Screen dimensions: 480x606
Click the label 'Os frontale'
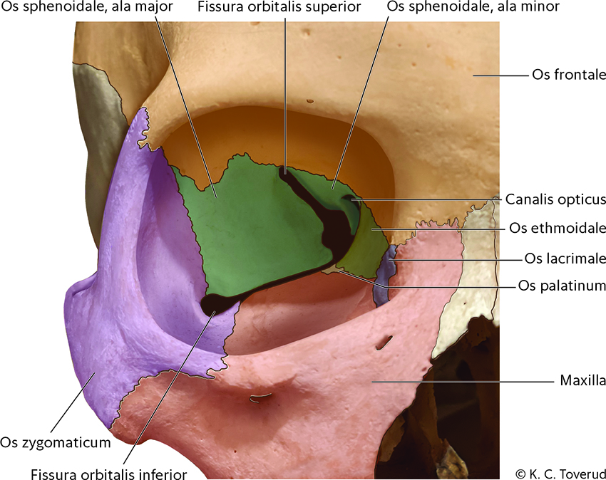568,75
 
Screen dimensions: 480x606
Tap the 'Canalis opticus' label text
555,199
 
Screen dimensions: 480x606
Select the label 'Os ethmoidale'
558,229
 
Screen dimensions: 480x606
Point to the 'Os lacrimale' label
565,258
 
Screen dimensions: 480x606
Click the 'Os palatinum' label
563,286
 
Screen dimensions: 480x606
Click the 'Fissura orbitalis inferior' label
109,472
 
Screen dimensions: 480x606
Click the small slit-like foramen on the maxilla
384,343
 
